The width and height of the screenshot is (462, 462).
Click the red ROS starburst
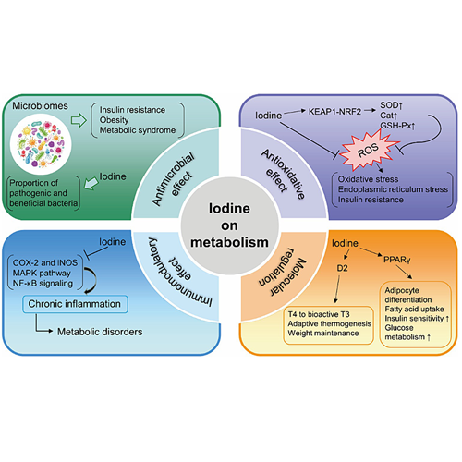coord(370,151)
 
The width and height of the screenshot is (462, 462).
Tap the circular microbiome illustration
coord(41,144)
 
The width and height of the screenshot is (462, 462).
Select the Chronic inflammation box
coord(75,304)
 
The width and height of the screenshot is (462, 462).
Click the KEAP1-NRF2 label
coord(334,111)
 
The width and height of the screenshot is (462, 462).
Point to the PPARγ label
coord(397,260)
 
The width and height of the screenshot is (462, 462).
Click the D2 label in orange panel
coord(342,268)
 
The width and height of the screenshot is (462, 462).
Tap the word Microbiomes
coord(40,106)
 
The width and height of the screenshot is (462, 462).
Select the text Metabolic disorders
coord(100,332)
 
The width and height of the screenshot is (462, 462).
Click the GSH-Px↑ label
coord(397,126)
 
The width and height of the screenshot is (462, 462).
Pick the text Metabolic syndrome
coord(138,130)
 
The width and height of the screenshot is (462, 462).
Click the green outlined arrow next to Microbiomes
coord(79,120)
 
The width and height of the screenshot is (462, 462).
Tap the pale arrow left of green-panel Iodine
coord(91,183)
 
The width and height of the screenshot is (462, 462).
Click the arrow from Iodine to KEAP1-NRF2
coord(295,112)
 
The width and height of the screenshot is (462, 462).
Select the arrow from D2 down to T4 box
coord(337,289)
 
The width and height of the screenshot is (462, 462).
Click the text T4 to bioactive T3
coord(319,314)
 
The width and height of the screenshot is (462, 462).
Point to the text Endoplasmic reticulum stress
coord(393,189)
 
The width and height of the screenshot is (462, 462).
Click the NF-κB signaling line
coord(43,284)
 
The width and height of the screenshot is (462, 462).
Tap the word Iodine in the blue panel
coord(112,242)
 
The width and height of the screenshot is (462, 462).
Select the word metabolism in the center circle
coord(229,242)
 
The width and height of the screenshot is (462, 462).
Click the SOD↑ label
coord(391,105)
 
